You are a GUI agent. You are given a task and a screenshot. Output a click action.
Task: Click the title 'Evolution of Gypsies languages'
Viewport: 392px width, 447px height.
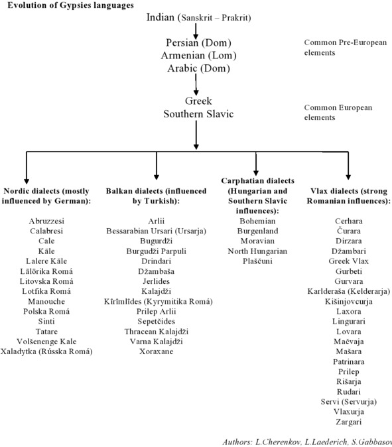point(70,5)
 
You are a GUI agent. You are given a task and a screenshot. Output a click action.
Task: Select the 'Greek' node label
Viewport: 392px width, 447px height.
point(198,101)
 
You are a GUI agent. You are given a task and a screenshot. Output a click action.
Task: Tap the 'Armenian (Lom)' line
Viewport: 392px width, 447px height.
point(199,55)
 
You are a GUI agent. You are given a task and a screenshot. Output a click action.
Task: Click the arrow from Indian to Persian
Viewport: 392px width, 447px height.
point(196,31)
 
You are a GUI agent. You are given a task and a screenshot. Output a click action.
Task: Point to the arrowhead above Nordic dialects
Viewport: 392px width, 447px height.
point(27,181)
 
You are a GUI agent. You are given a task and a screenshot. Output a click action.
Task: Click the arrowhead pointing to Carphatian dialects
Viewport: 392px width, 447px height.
point(256,172)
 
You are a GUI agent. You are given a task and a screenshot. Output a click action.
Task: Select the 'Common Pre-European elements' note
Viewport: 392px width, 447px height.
point(346,47)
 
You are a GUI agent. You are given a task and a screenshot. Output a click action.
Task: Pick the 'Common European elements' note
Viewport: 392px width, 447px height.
point(338,112)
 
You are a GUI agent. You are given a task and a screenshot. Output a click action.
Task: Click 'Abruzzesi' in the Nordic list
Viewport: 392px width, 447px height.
point(46,221)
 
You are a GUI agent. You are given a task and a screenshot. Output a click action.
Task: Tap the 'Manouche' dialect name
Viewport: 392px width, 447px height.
point(46,301)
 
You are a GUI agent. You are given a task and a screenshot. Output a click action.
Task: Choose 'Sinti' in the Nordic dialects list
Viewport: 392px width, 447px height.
point(46,321)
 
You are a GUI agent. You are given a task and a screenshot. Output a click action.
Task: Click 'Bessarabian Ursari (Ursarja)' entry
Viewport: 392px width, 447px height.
point(157,231)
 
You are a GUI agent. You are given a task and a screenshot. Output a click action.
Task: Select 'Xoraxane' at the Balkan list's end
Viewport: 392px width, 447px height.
point(157,351)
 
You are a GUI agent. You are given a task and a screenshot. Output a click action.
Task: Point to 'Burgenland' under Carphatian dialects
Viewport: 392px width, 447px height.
point(257,231)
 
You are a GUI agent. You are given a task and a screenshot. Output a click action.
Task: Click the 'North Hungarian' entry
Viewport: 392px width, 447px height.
point(257,251)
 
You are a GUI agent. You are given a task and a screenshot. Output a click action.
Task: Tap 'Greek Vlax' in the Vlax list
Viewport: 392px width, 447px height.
point(348,261)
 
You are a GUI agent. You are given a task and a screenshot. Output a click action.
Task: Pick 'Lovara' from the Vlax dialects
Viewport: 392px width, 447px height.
point(348,332)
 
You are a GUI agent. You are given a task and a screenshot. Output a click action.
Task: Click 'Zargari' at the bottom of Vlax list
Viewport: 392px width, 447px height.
point(348,422)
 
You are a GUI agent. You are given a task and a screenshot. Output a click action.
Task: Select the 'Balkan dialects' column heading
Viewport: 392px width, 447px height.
point(157,196)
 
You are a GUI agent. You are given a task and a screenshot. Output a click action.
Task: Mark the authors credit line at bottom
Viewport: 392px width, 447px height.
point(307,442)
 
